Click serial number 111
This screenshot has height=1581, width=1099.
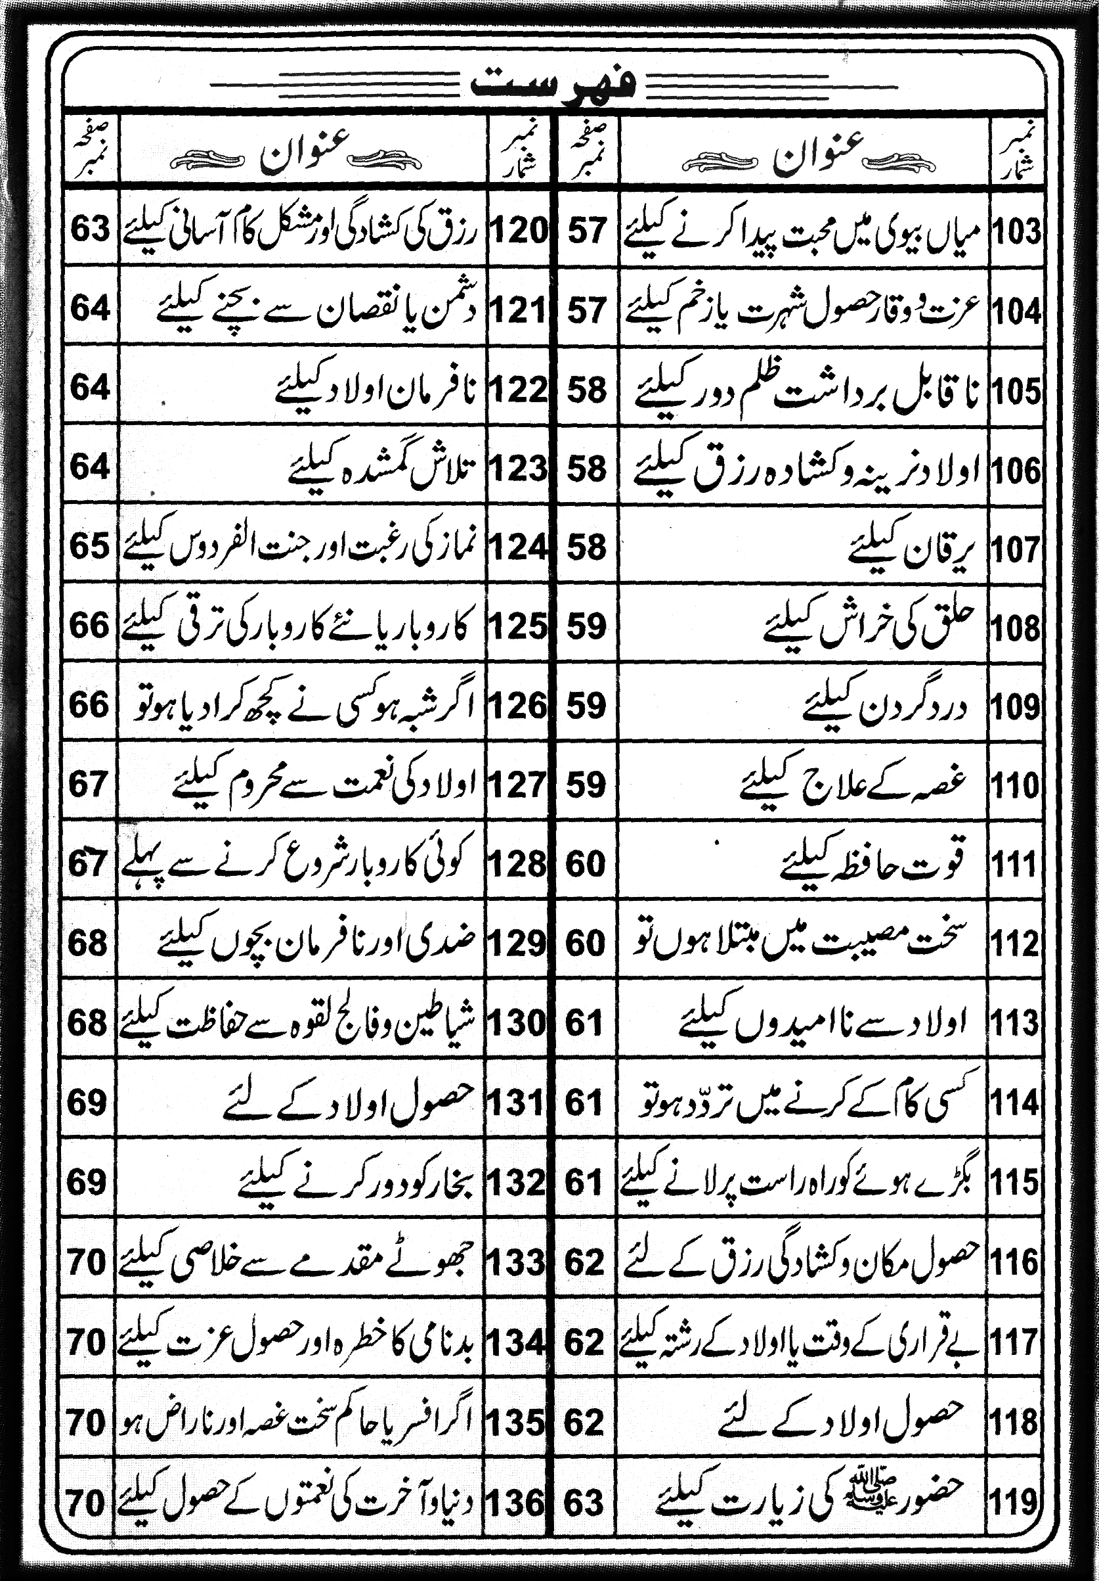[x=1014, y=865]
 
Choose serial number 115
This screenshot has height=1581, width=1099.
[x=1014, y=1183]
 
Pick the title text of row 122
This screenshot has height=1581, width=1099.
[x=379, y=390]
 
